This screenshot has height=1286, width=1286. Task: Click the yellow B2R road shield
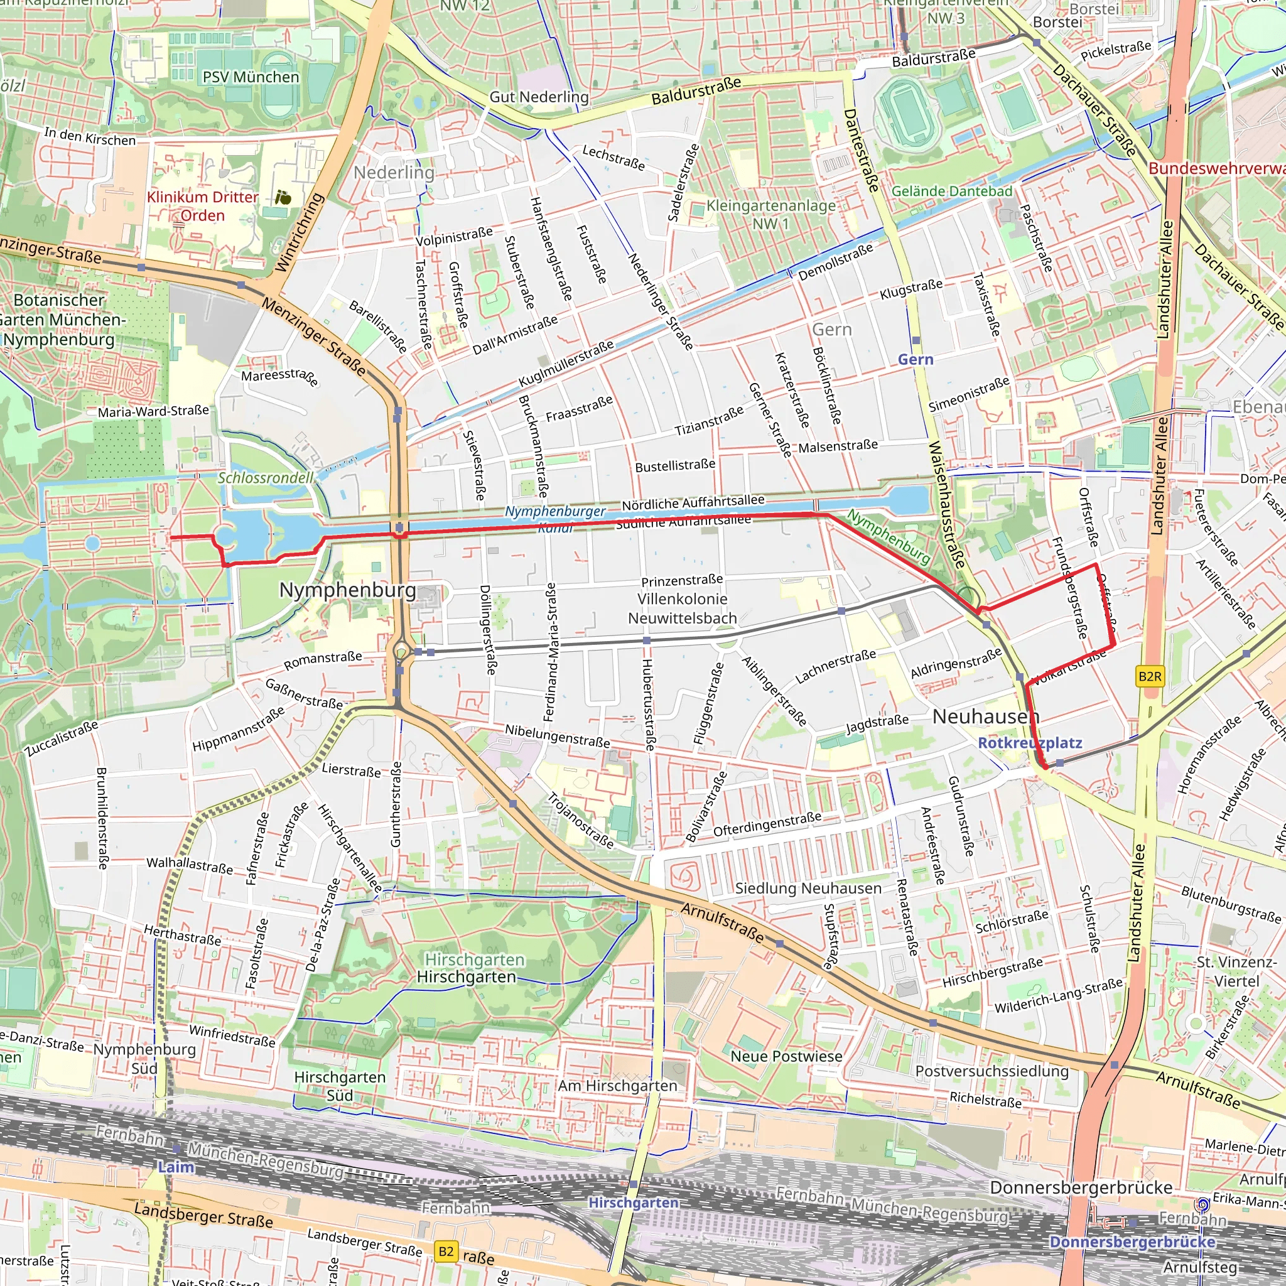(1150, 677)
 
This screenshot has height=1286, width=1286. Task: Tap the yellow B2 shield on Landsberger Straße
(446, 1251)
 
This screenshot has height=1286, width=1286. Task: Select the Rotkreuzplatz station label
(1030, 743)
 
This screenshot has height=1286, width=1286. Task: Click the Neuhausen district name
(985, 717)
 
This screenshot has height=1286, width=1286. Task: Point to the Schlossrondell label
(266, 478)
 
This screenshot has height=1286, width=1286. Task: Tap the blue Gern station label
(916, 359)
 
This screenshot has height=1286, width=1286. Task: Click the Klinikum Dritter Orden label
(202, 207)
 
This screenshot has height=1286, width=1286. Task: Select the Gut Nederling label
(539, 97)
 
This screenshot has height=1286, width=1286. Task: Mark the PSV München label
(251, 77)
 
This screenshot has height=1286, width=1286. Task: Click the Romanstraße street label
(323, 661)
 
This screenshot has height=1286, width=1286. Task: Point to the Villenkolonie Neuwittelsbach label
(683, 608)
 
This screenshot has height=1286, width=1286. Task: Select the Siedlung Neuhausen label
(808, 888)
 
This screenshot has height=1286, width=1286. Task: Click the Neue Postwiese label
(786, 1056)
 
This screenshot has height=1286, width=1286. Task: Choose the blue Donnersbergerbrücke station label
(1132, 1241)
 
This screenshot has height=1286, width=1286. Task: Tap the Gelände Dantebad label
(951, 192)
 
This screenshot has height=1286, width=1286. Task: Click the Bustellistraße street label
(675, 465)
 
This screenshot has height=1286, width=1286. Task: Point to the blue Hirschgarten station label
(633, 1202)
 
